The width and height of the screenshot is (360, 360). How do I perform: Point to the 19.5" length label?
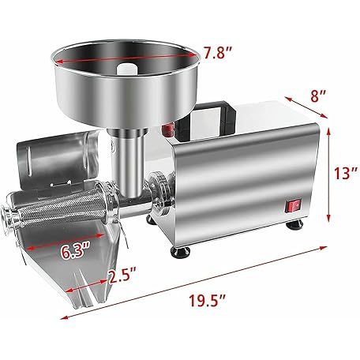tap(208, 300)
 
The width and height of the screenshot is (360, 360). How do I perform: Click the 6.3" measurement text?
tap(75, 252)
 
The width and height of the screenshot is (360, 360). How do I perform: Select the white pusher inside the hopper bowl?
tap(127, 69)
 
